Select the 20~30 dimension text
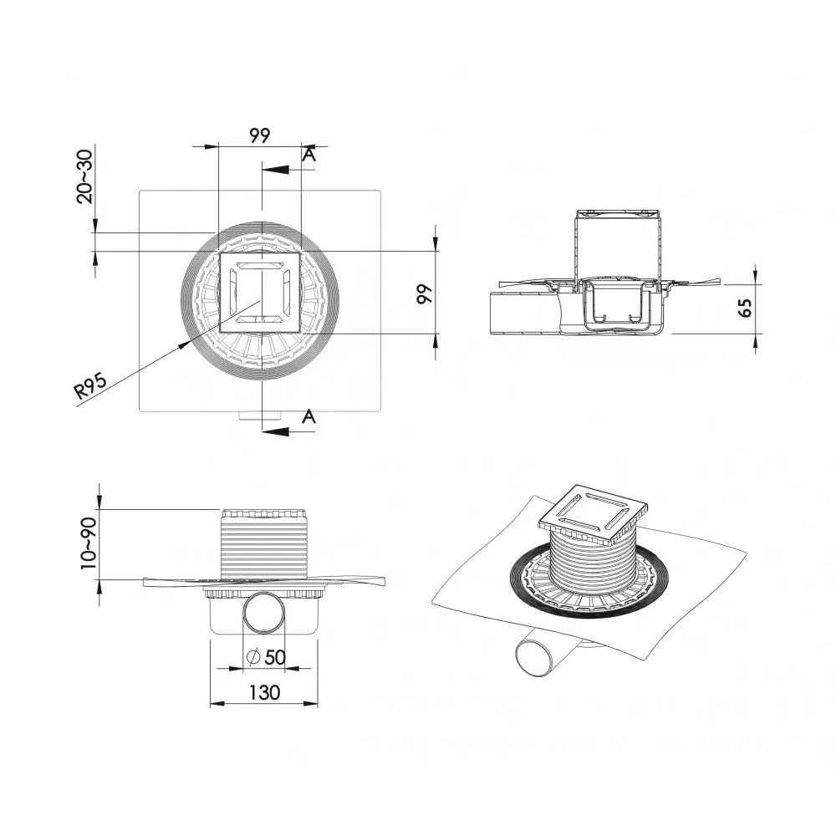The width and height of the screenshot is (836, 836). tap(84, 176)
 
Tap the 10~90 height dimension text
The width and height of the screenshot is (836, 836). tap(89, 543)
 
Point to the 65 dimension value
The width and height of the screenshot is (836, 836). tap(745, 308)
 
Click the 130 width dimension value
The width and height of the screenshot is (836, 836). tap(264, 692)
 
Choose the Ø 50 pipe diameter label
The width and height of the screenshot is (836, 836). tap(266, 657)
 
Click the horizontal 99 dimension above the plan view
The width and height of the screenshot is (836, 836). tap(260, 135)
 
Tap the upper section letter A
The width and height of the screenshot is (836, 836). tap(309, 155)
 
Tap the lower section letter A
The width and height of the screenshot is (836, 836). tap(308, 416)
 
